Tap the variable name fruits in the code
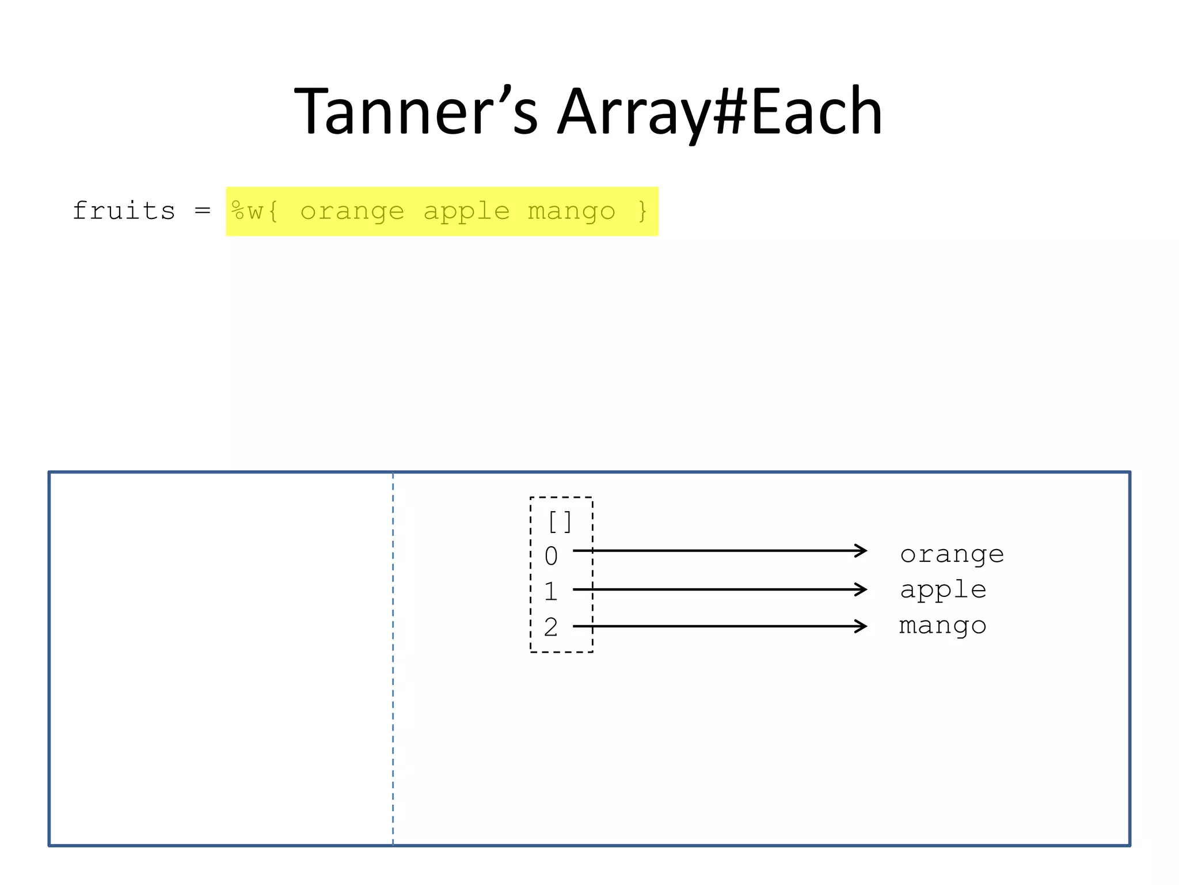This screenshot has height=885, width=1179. click(124, 211)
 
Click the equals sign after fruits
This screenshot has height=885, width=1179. click(202, 211)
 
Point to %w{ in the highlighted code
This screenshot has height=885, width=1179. click(255, 211)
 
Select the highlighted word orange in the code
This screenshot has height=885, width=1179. click(352, 211)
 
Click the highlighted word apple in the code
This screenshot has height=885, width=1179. click(466, 211)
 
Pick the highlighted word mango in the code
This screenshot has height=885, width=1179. click(571, 211)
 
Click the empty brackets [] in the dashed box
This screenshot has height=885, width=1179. click(560, 522)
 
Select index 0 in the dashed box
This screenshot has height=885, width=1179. click(551, 556)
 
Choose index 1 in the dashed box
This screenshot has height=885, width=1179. click(551, 591)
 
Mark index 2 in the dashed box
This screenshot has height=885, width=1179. click(551, 627)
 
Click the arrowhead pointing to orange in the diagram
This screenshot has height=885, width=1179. click(861, 551)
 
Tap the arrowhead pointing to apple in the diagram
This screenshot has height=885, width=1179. click(861, 589)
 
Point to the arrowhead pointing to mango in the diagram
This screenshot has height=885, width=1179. click(861, 626)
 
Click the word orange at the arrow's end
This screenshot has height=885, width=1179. click(952, 555)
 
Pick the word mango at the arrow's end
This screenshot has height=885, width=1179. click(943, 626)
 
